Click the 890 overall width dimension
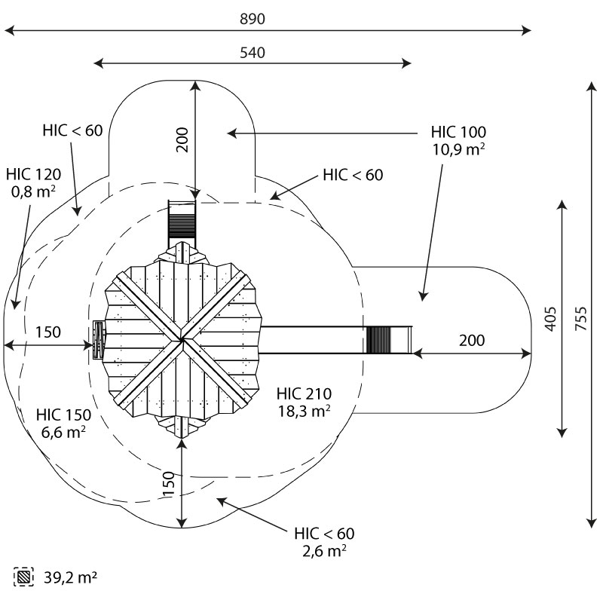click(253, 19)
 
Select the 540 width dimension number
click(253, 53)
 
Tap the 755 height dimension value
click(581, 318)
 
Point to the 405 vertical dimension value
click(551, 318)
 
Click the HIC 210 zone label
click(304, 393)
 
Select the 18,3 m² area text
click(305, 411)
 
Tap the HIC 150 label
click(63, 415)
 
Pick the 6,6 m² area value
click(63, 432)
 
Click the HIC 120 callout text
click(33, 174)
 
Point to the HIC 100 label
click(458, 132)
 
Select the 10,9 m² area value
click(458, 149)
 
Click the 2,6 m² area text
click(324, 551)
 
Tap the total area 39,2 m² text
click(70, 577)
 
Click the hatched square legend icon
click(23, 577)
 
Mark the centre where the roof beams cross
click(182, 340)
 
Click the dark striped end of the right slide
click(378, 340)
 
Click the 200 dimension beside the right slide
click(472, 341)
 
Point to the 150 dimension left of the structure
click(48, 332)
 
